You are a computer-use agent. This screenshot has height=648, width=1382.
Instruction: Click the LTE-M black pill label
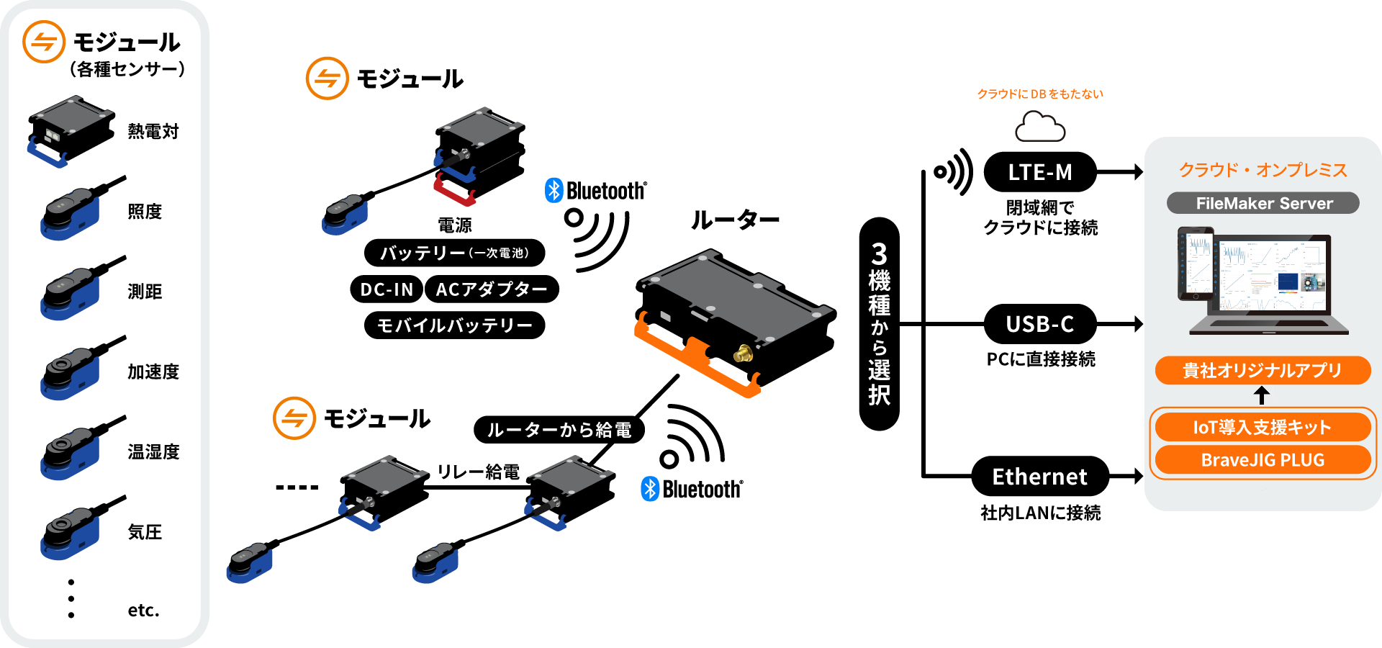pos(1039,172)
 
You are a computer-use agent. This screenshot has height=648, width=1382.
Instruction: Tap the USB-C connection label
pos(1039,324)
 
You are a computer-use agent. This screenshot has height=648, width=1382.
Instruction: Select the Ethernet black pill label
pos(1039,476)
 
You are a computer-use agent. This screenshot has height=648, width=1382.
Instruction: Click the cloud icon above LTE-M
pos(1040,127)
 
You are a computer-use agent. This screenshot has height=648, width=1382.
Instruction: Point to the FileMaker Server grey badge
pos(1263,203)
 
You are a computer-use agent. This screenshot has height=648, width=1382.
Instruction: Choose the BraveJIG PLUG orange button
pos(1263,460)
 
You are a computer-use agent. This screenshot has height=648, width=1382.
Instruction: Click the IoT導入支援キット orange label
pos(1263,427)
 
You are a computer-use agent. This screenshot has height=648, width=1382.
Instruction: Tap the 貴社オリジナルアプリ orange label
pos(1263,370)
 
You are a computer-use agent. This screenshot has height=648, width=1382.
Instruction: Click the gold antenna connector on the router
pos(742,354)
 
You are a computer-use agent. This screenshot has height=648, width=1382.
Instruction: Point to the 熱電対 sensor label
pos(153,131)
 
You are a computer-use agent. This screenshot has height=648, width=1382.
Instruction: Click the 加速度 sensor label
pos(153,372)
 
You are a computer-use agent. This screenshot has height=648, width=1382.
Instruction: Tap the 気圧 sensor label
pos(145,532)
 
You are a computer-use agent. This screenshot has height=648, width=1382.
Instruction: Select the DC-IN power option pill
pos(387,289)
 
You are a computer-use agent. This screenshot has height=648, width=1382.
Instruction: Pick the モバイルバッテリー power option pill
pos(454,325)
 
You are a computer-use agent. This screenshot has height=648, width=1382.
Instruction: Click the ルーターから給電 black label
pos(559,430)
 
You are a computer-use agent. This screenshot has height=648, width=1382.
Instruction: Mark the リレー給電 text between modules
pos(479,472)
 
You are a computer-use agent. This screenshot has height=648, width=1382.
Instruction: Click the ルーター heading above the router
pos(735,220)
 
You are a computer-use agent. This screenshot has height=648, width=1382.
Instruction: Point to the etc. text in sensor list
pos(143,611)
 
